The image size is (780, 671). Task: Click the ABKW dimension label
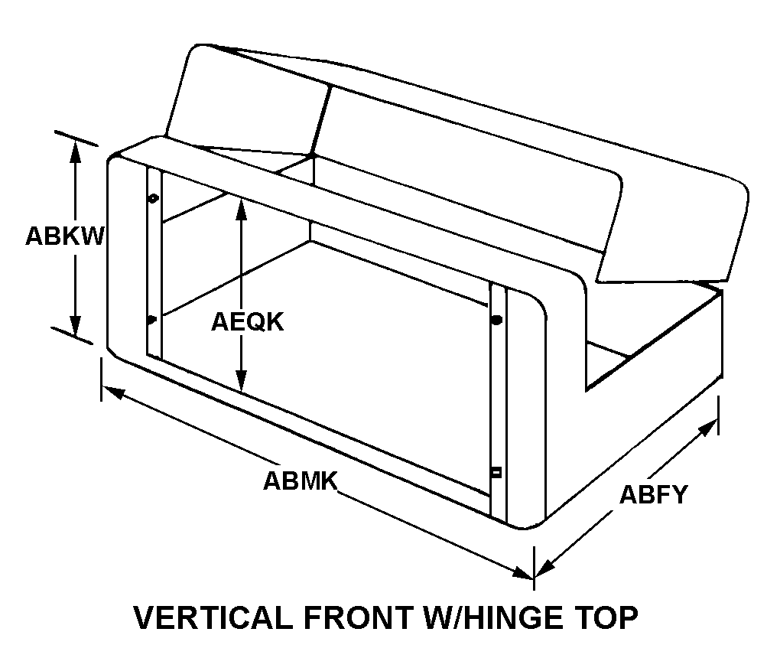(63, 236)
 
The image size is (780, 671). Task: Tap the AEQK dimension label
(247, 322)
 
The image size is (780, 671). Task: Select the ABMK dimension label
(301, 480)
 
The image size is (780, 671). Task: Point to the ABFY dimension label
(653, 495)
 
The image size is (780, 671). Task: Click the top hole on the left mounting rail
(153, 198)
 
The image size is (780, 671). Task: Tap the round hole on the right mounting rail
(497, 321)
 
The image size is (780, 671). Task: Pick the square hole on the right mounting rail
(496, 472)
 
